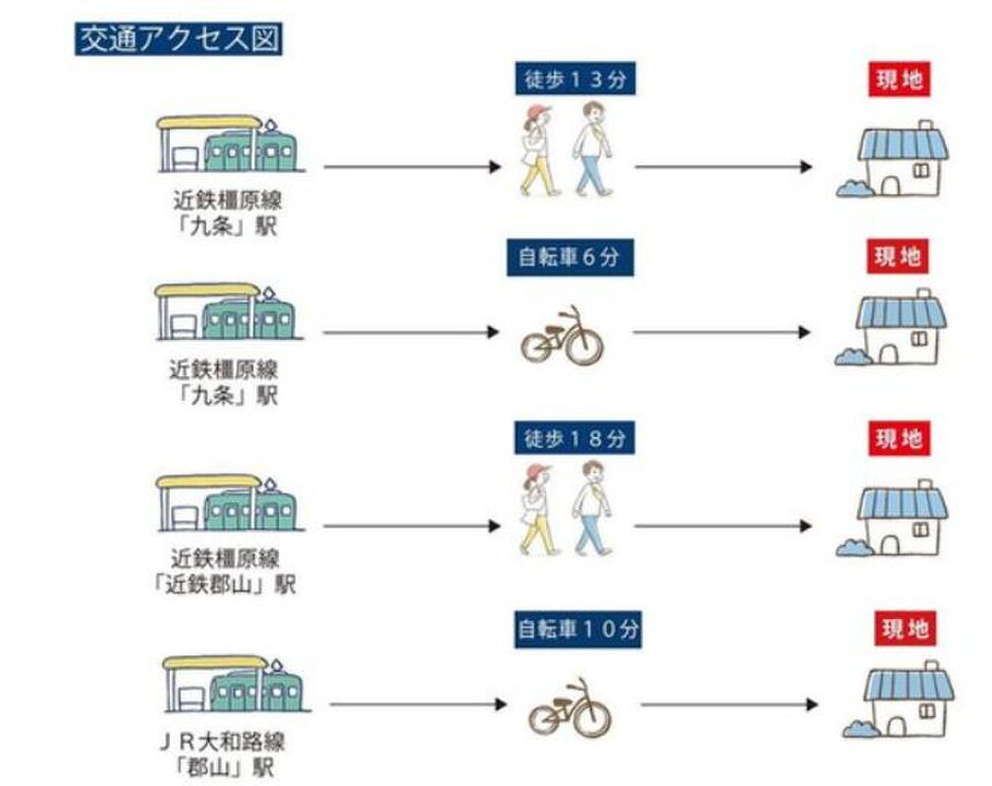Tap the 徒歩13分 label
pos(574,79)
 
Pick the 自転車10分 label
pos(578,629)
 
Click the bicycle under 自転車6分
pos(561,336)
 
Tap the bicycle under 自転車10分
pos(571,706)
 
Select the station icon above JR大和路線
pos(234,684)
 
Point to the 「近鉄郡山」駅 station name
pos(231,585)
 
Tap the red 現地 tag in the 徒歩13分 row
pos(899,79)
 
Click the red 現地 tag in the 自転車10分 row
pos(905,629)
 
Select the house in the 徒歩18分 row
pos(896,519)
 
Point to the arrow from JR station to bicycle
pos(416,704)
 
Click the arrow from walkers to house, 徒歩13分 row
pos(724,167)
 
